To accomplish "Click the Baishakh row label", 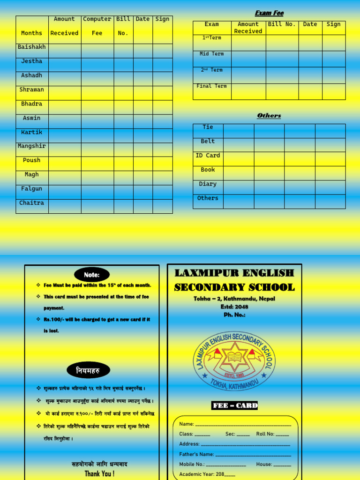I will pyautogui.click(x=31, y=47).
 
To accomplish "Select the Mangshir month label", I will pyautogui.click(x=31, y=146).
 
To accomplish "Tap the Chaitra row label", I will pyautogui.click(x=31, y=203).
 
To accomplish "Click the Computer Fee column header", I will pyautogui.click(x=97, y=26).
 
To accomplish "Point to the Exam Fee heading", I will pyautogui.click(x=269, y=13).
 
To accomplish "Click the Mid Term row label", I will pyautogui.click(x=211, y=54).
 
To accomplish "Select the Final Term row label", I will pyautogui.click(x=211, y=86).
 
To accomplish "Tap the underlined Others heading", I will pyautogui.click(x=269, y=116).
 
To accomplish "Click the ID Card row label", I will pyautogui.click(x=208, y=156).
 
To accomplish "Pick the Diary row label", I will pyautogui.click(x=208, y=184).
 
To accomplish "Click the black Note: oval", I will pyautogui.click(x=92, y=275).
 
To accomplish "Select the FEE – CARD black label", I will pyautogui.click(x=234, y=405).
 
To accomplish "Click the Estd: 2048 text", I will pyautogui.click(x=234, y=307).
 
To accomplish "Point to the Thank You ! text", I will pyautogui.click(x=99, y=474).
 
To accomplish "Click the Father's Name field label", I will pyautogui.click(x=196, y=454).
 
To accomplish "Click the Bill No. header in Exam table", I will pyautogui.click(x=282, y=24).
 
